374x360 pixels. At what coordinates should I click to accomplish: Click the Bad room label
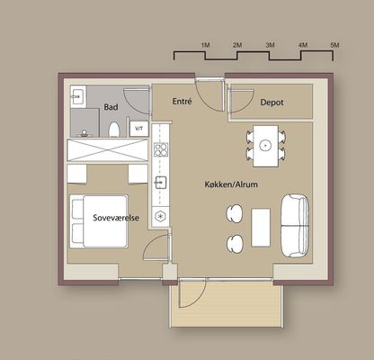tap(111, 107)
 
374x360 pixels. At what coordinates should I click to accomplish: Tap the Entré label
tap(182, 102)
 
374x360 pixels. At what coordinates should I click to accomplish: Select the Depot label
tap(272, 103)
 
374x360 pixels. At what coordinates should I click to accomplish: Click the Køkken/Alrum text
tap(231, 184)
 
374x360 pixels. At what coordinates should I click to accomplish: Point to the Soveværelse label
tap(116, 218)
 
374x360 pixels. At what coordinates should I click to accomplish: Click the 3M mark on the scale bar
tap(270, 45)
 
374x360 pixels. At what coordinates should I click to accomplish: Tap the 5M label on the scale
tap(334, 45)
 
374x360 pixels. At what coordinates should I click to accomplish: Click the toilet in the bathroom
tap(114, 130)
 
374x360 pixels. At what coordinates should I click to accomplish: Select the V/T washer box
tap(138, 129)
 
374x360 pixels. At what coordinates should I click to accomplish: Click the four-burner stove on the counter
tap(161, 149)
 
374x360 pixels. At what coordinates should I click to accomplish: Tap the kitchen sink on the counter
tap(160, 183)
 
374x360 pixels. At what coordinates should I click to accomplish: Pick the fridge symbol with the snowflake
tap(161, 216)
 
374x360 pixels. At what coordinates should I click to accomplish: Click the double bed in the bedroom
tap(99, 221)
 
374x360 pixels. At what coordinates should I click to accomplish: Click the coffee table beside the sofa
tap(261, 228)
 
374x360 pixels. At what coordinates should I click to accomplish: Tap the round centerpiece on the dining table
tap(265, 146)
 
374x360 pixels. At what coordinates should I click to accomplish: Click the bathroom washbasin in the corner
tap(78, 96)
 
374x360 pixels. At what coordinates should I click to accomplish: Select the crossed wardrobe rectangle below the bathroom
tap(108, 150)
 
